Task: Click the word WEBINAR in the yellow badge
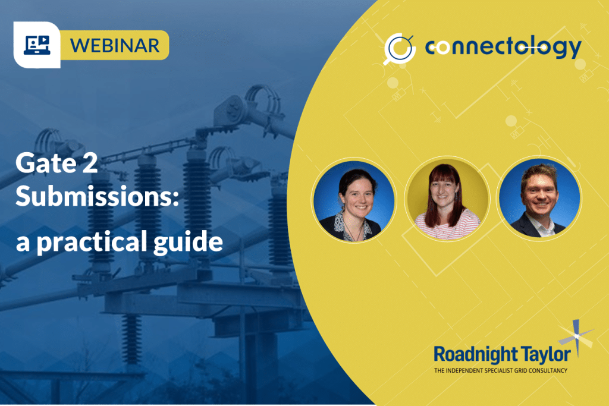(x=115, y=45)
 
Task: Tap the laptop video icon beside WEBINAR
(x=37, y=45)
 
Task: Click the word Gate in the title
(x=46, y=163)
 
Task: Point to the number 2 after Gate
(x=90, y=163)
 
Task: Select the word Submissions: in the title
(x=97, y=196)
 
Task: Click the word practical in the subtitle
(x=92, y=242)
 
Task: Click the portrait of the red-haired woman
(x=447, y=199)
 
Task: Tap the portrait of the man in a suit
(x=540, y=199)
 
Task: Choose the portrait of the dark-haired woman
(x=354, y=200)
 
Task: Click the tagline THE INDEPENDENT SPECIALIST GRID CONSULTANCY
(x=501, y=371)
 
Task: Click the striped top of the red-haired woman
(x=447, y=226)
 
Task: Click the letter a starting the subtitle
(x=23, y=244)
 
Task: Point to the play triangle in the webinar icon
(x=45, y=40)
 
